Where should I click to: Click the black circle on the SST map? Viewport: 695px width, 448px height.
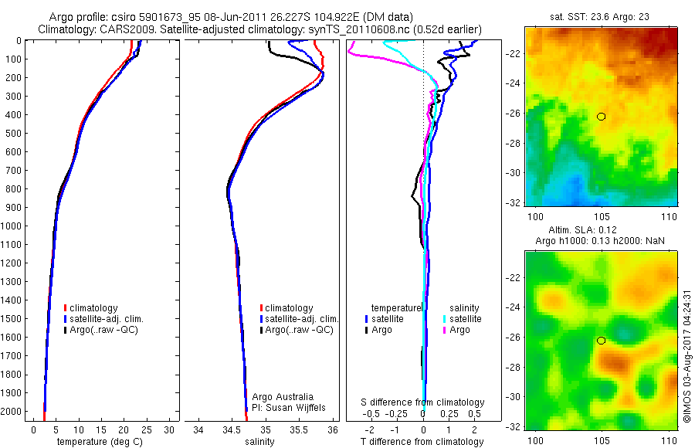pos(601,117)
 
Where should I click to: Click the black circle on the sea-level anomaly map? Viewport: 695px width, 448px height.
pos(601,341)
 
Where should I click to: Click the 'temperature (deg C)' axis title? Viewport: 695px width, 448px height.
pos(97,442)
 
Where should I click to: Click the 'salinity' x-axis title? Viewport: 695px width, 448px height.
pos(259,442)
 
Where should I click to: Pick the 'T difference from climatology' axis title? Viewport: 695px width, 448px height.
pos(422,442)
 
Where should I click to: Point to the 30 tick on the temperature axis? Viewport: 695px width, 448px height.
pos(170,429)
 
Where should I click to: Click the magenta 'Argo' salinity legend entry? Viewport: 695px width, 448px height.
pos(459,330)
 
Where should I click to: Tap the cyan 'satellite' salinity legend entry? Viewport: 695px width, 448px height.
pos(466,318)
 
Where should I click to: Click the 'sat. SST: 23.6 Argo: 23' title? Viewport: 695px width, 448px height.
pos(598,17)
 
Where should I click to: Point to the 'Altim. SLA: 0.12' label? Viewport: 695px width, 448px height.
pos(598,230)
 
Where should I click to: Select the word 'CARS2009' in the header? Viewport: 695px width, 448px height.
pos(118,29)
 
